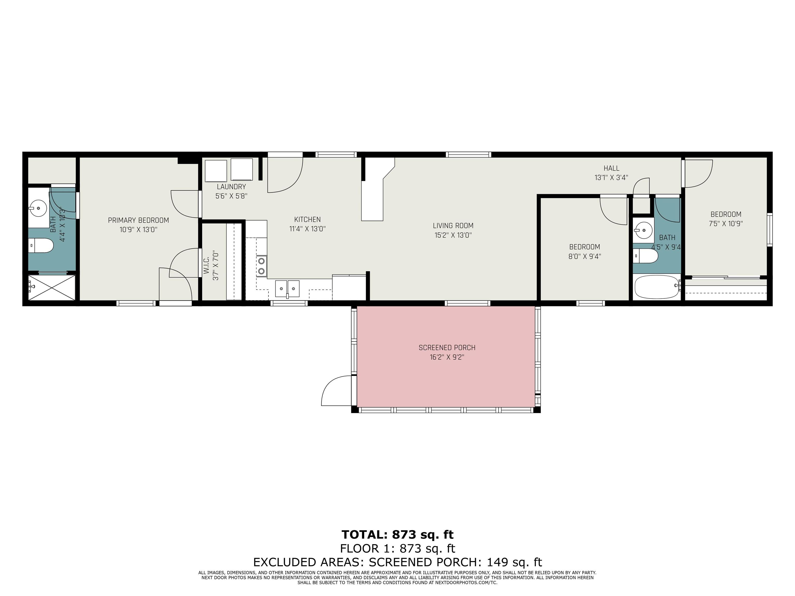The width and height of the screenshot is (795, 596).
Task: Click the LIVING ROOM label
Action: (453, 226)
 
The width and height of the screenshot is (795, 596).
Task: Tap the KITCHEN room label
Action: (307, 220)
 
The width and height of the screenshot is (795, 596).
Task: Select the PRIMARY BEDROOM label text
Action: (138, 220)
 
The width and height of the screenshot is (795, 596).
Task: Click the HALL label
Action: (611, 168)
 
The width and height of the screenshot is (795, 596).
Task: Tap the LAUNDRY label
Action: (231, 187)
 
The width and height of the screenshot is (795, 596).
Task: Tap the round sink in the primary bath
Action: (38, 208)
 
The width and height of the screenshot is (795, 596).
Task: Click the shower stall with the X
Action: (52, 287)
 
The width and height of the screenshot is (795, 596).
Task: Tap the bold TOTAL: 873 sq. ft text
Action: (397, 535)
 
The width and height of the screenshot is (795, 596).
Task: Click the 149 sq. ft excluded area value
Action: (514, 562)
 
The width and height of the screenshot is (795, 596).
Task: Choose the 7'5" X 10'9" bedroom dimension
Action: (726, 224)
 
